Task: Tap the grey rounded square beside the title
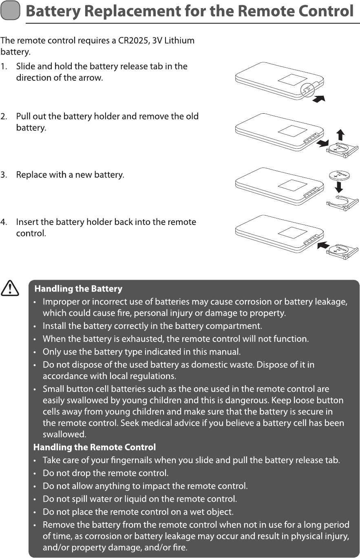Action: (x=11, y=11)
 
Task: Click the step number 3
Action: (x=3, y=175)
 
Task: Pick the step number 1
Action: (x=3, y=66)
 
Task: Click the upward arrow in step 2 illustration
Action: (x=341, y=135)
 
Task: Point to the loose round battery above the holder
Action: (x=339, y=176)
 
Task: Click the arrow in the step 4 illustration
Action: (x=322, y=245)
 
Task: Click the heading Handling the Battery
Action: (x=78, y=289)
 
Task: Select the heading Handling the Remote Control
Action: (x=95, y=447)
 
